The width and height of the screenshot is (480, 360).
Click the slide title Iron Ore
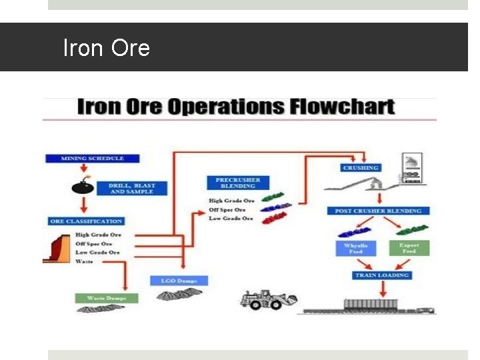[x=106, y=48]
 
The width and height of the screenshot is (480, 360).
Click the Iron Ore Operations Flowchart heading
[x=237, y=107]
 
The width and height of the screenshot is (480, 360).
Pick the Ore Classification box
[x=86, y=221]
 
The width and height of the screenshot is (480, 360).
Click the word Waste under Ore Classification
[x=84, y=261]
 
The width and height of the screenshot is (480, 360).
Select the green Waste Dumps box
[x=106, y=297]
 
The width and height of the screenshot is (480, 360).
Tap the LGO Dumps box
[x=179, y=280]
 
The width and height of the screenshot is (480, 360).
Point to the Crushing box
[x=360, y=168]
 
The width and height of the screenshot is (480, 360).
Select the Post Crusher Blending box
[x=378, y=211]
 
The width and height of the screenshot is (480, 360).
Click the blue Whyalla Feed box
[x=356, y=249]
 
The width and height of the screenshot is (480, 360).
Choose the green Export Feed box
[x=409, y=248]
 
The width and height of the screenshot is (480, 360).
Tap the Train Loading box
[x=381, y=275]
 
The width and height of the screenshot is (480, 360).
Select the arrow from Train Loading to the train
[x=382, y=288]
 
